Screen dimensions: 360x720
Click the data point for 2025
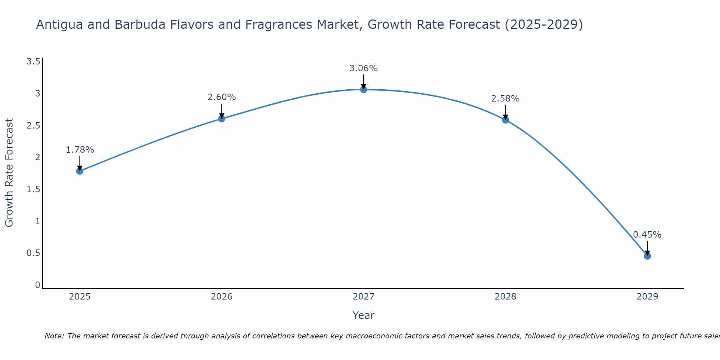click(x=80, y=171)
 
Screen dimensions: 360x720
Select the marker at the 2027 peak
click(x=364, y=89)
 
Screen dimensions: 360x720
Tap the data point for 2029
click(x=647, y=256)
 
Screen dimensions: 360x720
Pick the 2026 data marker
click(x=222, y=118)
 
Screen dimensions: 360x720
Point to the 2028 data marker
click(x=505, y=120)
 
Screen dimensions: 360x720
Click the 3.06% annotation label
click(x=364, y=68)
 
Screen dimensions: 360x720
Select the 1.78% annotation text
click(x=80, y=150)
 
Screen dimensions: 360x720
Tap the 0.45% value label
click(x=647, y=235)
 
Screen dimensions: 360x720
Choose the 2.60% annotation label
click(x=222, y=97)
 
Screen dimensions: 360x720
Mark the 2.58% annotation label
click(x=505, y=99)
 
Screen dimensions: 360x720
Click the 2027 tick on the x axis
click(x=364, y=297)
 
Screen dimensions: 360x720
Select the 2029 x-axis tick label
click(x=647, y=297)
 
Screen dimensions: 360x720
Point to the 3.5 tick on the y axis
click(x=33, y=62)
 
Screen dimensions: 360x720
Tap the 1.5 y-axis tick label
click(x=33, y=189)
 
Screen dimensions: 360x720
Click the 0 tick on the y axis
click(x=37, y=285)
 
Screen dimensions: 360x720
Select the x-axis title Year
click(x=364, y=315)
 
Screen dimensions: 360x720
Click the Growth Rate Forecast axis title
click(x=9, y=173)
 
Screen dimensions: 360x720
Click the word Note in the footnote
click(x=54, y=336)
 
